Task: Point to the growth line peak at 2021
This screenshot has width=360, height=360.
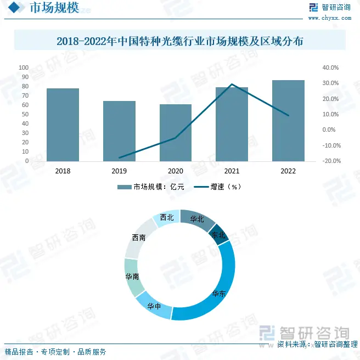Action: pos(232,85)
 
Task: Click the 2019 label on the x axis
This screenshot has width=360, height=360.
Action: pos(119,171)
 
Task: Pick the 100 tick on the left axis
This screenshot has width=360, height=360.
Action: pos(24,67)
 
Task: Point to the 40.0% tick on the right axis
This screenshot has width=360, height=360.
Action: pos(330,67)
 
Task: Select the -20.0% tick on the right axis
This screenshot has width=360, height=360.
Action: pos(330,161)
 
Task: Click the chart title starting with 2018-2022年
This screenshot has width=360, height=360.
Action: pos(180,41)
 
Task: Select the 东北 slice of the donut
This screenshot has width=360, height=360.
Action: pos(218,234)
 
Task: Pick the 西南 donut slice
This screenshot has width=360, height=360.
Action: pos(139,238)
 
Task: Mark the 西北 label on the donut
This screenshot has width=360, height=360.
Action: pos(167,217)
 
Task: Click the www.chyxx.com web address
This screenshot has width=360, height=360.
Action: pos(329,18)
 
